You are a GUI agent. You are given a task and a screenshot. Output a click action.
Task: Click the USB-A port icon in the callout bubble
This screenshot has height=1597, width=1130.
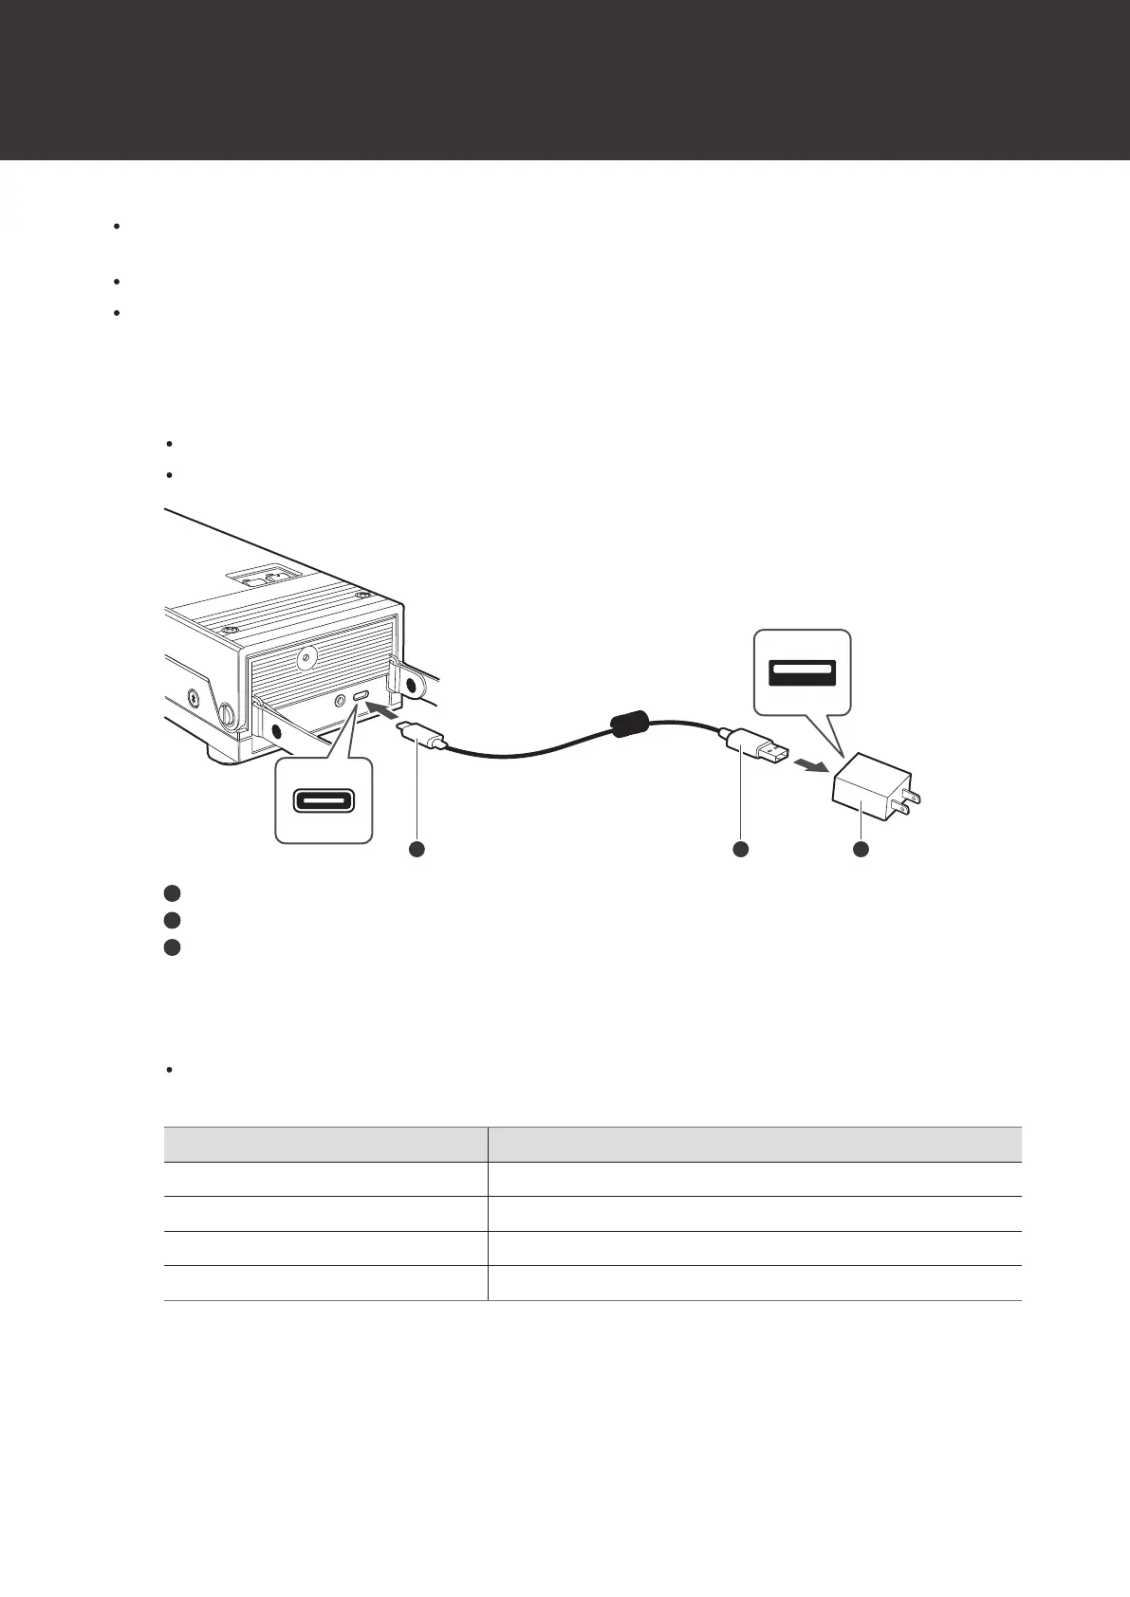(x=802, y=673)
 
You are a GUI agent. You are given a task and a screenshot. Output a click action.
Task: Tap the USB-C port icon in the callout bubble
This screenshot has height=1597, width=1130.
(x=324, y=800)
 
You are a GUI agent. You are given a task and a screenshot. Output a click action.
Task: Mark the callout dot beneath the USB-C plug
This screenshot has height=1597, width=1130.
(x=416, y=850)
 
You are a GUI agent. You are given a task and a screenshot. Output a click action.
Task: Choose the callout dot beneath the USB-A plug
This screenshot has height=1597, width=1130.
(x=741, y=850)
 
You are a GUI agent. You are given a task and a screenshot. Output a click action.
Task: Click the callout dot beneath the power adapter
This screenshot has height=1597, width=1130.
(x=861, y=850)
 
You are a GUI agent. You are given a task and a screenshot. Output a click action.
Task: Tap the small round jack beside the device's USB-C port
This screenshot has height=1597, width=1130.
(x=340, y=699)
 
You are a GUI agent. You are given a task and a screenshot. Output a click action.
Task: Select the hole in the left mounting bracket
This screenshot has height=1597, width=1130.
(x=277, y=731)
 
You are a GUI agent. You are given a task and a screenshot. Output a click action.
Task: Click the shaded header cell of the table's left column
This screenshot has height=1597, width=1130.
(x=325, y=1144)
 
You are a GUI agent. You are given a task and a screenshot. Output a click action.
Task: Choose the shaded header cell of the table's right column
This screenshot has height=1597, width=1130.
(x=754, y=1144)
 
